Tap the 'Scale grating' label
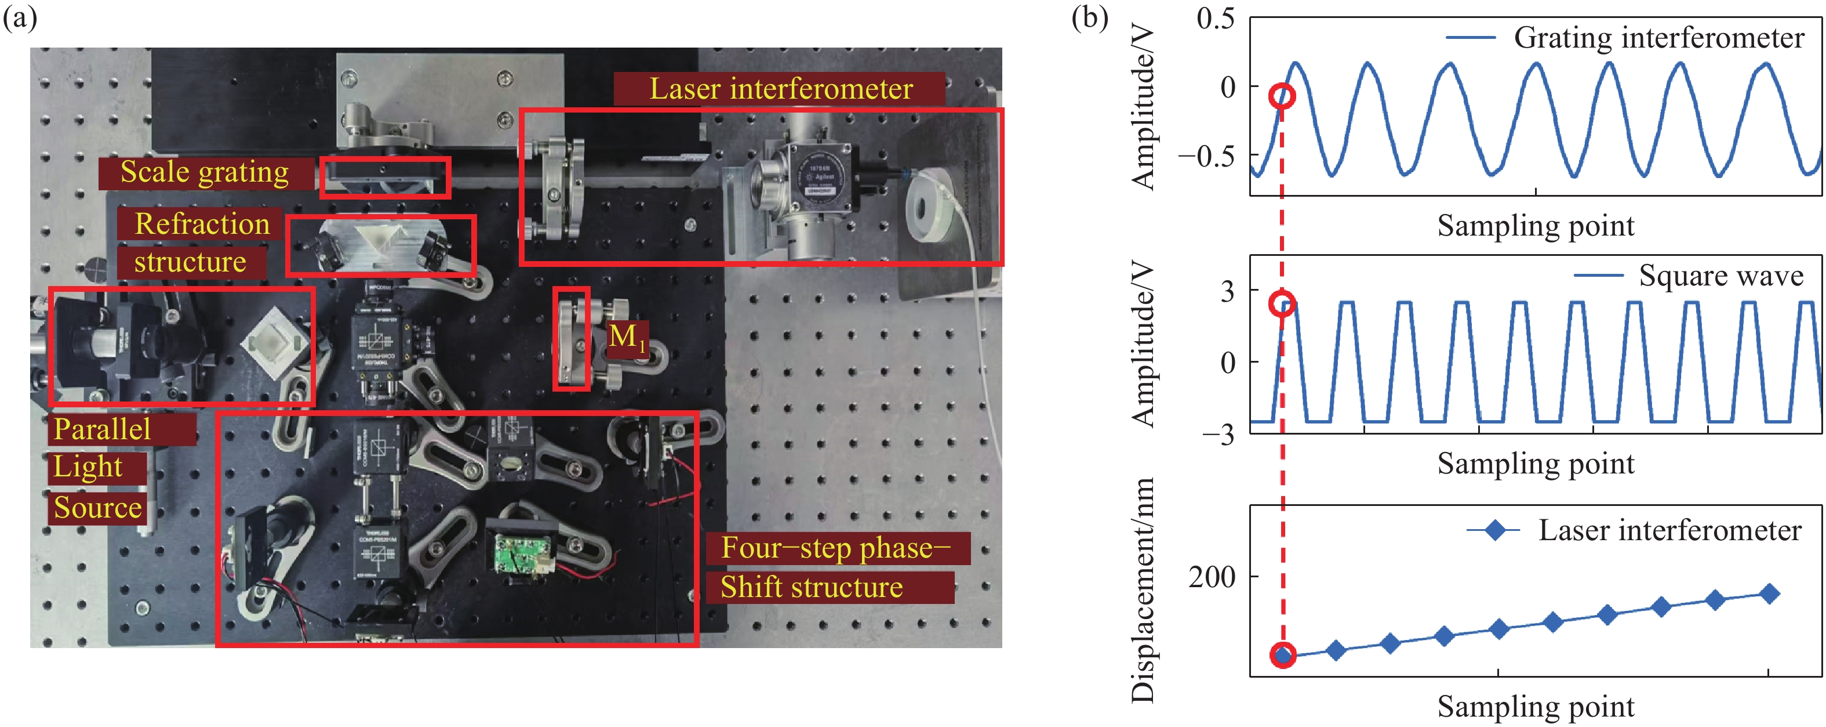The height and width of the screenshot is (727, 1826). point(205,172)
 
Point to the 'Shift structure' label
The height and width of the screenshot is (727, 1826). point(812,587)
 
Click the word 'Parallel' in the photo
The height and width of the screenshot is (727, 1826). point(103,429)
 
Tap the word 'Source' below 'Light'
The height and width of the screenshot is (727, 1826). point(98,508)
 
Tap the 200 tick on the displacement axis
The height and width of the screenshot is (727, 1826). point(1212,577)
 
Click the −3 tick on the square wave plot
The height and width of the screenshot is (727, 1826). point(1218,433)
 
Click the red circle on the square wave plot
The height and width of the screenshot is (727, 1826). point(1282,303)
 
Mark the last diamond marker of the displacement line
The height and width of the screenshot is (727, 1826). point(1769,594)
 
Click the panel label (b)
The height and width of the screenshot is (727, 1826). point(1089,17)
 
